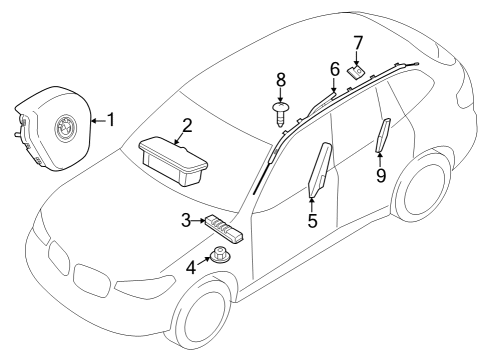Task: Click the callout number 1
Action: pos(111,120)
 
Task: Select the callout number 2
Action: pos(186,125)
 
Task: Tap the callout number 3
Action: pos(187,220)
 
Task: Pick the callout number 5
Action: pos(312,220)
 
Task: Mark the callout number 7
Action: pos(358,43)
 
